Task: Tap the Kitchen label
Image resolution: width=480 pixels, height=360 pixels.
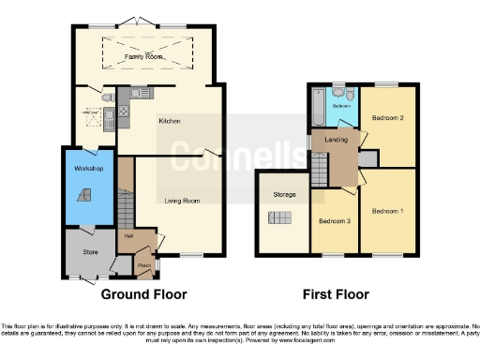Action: pos(169,121)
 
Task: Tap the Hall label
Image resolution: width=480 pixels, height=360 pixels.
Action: pos(128,236)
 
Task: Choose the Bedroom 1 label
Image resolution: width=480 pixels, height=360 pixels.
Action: pos(387,212)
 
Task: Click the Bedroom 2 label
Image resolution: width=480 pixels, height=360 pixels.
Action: pos(387,119)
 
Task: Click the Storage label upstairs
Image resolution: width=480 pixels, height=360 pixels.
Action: pos(285,195)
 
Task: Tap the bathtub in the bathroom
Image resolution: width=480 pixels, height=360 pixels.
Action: pos(317,110)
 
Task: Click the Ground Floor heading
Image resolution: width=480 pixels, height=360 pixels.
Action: pos(143,293)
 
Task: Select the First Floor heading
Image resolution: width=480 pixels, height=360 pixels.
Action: pos(334,293)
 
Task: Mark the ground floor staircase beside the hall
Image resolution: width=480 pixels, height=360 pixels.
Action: pos(127,206)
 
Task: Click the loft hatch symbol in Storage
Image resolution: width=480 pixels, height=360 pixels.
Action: pos(279,217)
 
